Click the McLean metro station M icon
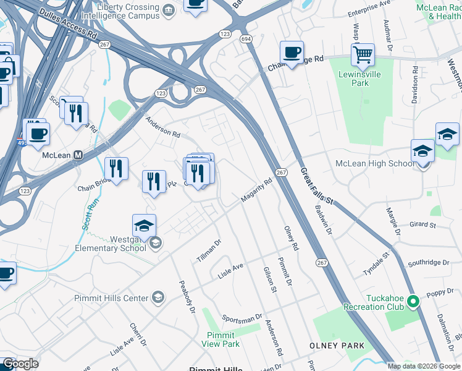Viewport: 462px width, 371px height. click(x=78, y=156)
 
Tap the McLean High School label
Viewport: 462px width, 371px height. click(x=374, y=163)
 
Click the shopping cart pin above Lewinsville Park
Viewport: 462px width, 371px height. click(x=363, y=54)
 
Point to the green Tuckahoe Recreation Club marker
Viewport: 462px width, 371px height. click(x=413, y=302)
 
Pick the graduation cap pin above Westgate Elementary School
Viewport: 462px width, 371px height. click(x=144, y=226)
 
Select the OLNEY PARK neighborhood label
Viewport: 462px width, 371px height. click(x=337, y=345)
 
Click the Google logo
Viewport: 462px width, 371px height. click(x=20, y=364)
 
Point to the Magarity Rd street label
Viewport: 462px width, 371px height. click(x=256, y=190)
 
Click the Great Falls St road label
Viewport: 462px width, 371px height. click(x=316, y=185)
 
